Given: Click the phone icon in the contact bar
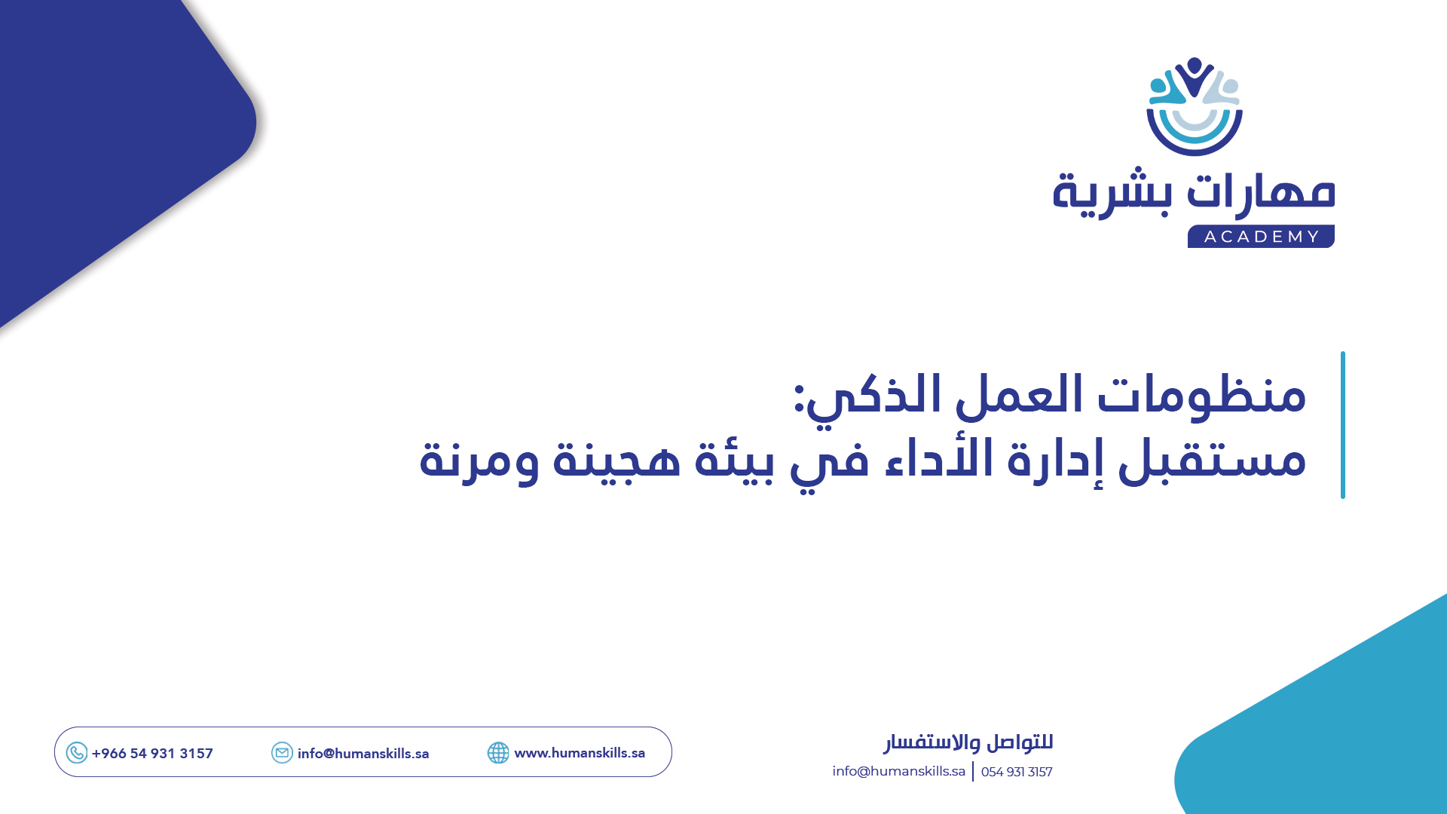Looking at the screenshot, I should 77,753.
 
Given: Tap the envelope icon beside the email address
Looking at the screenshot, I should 282,753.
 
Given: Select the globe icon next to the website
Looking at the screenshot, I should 498,753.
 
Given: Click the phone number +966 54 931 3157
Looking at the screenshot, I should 152,754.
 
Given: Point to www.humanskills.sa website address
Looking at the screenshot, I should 580,753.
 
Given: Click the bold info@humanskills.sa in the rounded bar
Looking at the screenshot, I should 363,754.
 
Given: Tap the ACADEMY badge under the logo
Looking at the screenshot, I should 1261,237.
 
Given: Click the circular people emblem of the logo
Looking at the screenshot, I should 1195,106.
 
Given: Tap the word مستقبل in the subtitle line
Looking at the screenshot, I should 1211,459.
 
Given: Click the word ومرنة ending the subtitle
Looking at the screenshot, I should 479,459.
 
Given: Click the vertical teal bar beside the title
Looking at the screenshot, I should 1342,424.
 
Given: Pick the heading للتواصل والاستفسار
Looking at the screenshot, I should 968,742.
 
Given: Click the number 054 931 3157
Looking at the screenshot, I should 1017,772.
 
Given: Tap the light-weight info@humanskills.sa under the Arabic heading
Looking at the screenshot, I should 898,771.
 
